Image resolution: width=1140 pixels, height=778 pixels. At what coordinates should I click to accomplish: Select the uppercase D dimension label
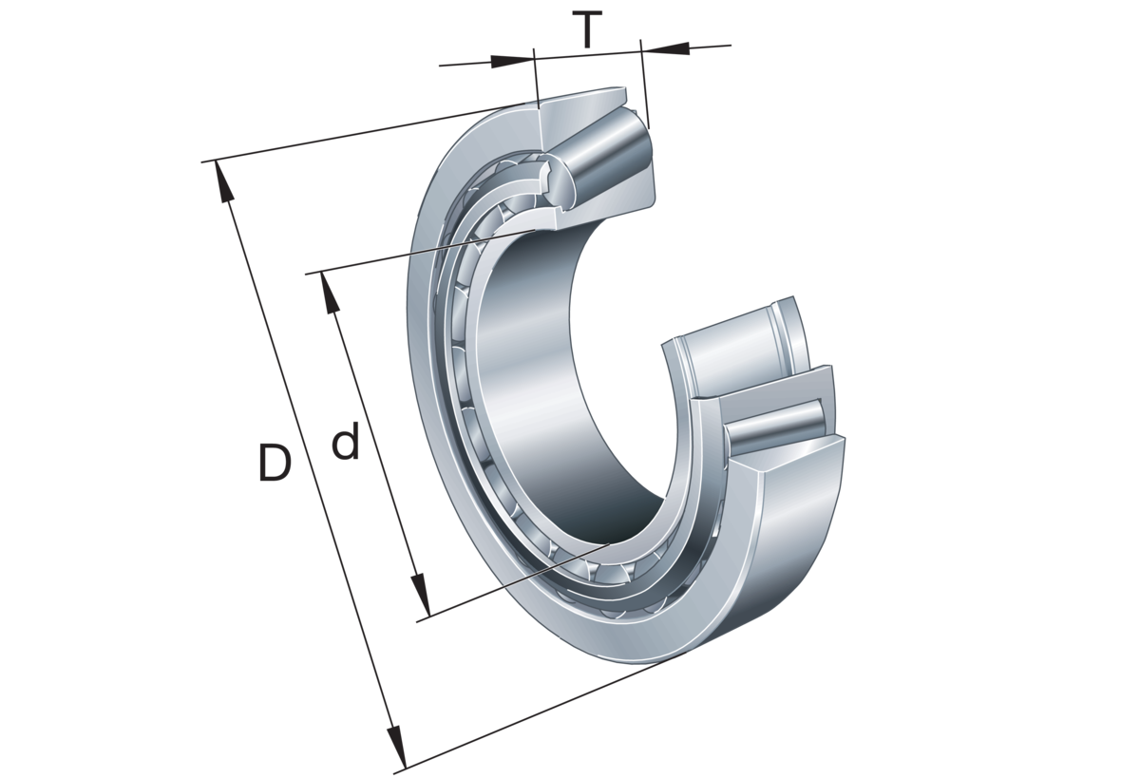[x=273, y=463]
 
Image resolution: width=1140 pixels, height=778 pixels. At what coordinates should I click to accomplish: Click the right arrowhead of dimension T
[x=661, y=47]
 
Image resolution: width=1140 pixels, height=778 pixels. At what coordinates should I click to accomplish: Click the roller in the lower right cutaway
[x=779, y=427]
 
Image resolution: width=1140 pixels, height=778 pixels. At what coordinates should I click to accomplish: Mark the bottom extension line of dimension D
[x=532, y=717]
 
